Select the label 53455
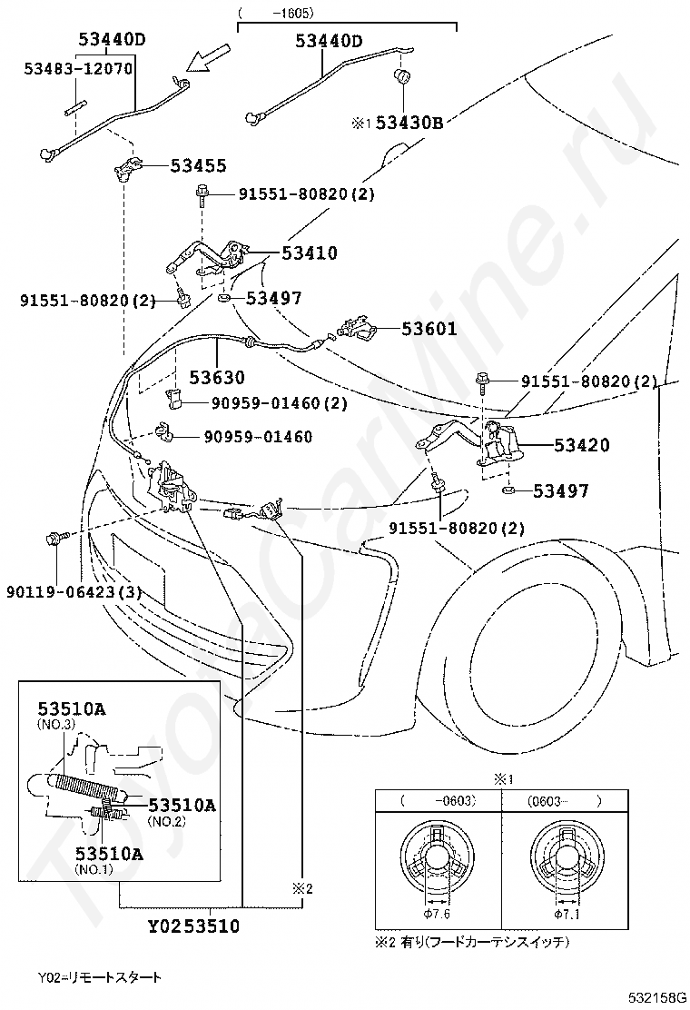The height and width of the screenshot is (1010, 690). (199, 166)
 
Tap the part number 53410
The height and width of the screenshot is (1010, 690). (309, 253)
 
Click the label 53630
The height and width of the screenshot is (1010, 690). (217, 377)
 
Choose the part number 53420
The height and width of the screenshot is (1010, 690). (582, 445)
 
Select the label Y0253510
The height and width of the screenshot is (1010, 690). (193, 927)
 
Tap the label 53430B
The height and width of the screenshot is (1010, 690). (409, 123)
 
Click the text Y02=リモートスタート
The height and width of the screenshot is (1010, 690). (100, 977)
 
